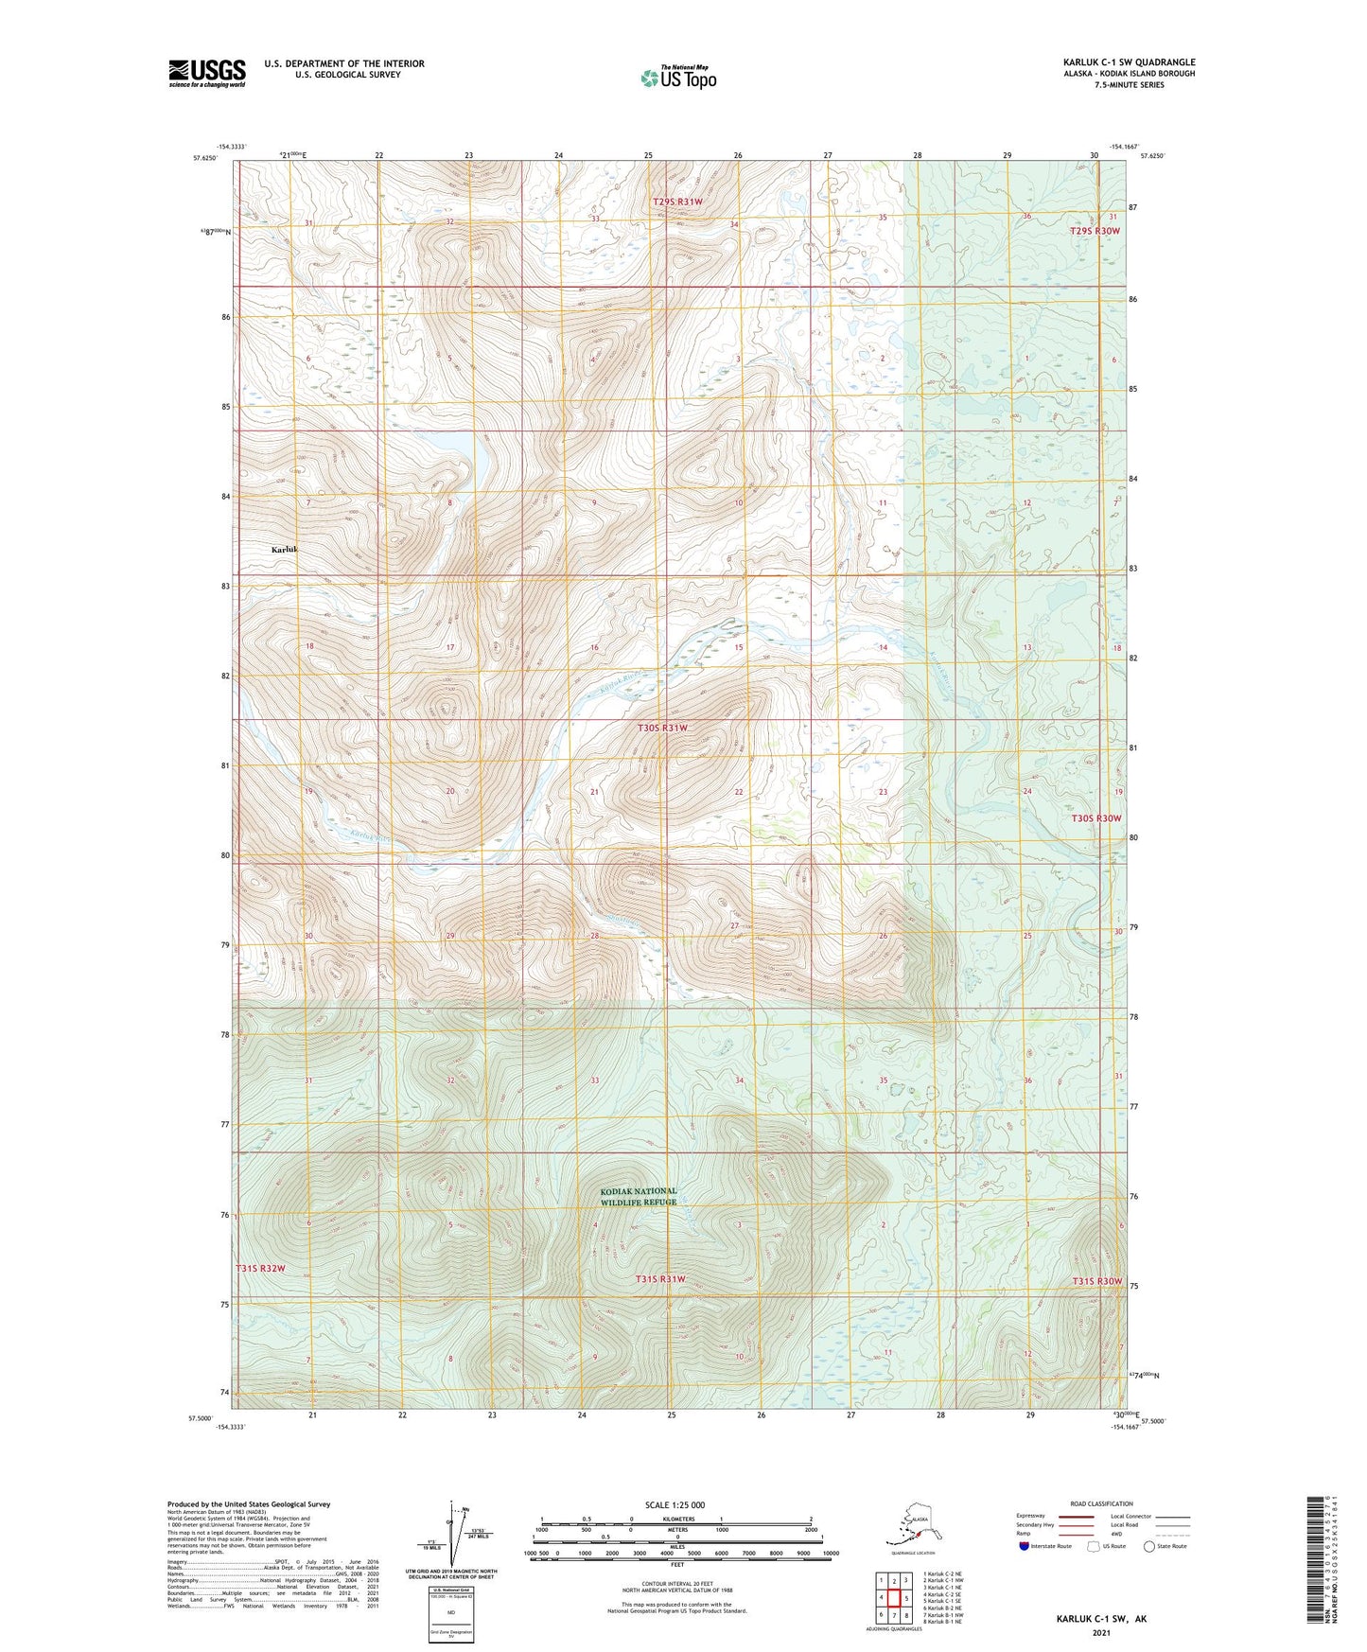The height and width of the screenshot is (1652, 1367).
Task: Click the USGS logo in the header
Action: coord(206,73)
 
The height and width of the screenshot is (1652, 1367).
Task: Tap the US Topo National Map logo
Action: coord(677,77)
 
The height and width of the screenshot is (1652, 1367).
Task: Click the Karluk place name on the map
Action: coord(284,550)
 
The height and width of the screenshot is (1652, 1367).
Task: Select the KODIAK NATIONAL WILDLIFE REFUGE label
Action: coord(639,1197)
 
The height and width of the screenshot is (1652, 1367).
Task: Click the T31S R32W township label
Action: coord(260,1268)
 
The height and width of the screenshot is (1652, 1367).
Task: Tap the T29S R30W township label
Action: coord(1095,231)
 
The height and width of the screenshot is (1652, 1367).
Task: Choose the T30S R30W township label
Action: coord(1095,817)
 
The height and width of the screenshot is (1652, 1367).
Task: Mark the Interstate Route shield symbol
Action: coord(1025,1546)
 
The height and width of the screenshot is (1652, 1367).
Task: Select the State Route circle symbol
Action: coord(1149,1546)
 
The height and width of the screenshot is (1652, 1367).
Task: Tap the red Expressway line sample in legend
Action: coord(1077,1517)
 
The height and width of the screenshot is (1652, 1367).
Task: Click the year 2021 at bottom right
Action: coord(1100,1633)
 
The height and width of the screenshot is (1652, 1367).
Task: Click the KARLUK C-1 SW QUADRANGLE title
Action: coord(1128,62)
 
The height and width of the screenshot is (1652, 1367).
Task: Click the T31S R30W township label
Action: coord(1096,1281)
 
